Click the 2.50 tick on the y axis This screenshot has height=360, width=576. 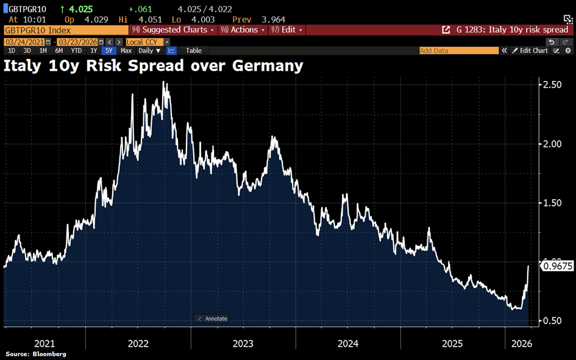pos(552,84)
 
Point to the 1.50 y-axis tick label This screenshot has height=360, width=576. pos(552,203)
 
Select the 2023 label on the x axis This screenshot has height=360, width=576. pos(243,344)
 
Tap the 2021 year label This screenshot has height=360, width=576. pos(44,344)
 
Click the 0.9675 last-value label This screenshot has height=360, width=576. pos(558,266)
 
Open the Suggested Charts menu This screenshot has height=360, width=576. pos(174,30)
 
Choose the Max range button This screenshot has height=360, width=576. pos(126,51)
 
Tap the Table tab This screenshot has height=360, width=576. pos(194,51)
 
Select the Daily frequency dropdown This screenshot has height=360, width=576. pos(149,51)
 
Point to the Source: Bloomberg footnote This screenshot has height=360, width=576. pos(36,354)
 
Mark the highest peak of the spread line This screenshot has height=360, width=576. pos(164,82)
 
